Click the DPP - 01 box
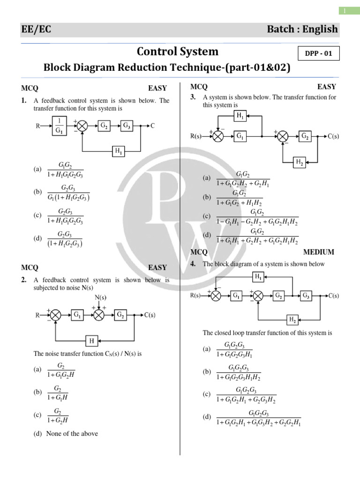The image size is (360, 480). point(318,53)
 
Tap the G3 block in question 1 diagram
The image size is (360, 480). point(127,125)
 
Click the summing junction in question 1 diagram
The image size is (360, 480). point(82,126)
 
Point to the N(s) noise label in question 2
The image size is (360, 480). point(100,298)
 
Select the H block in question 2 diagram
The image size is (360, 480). point(91,340)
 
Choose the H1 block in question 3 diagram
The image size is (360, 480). point(240,116)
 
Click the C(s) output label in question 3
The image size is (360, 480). point(333,136)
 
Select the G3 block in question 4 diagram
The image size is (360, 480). point(306,295)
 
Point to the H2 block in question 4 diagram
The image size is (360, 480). point(292,320)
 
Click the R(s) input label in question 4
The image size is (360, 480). point(195,296)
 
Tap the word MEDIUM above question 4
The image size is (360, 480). point(319,252)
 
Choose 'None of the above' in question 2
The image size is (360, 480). point(72,434)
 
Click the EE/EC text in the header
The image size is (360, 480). point(36,30)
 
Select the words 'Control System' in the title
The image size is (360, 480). point(177,51)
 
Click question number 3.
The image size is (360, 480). point(193,97)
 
